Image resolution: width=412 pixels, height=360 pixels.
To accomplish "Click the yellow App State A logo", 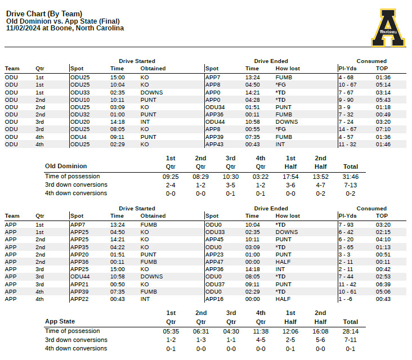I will point(388,28).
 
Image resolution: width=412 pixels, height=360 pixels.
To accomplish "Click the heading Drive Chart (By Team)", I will point(44,13).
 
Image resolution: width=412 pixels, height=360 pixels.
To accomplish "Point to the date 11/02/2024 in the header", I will point(23,28).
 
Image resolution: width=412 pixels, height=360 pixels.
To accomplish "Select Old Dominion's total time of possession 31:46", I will point(351,177).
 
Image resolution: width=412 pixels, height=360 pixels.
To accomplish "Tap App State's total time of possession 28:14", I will point(351,331).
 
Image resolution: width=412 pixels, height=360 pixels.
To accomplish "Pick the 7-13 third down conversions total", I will point(351,185).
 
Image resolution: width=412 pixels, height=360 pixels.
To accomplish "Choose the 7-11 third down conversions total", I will point(351,340).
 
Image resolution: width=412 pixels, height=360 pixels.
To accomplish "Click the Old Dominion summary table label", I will point(66,166).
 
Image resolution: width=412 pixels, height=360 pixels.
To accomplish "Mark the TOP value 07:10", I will point(383,129).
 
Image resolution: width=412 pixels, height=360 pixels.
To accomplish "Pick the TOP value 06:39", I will point(383,284).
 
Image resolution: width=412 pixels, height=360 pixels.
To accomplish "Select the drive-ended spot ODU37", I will point(214,284).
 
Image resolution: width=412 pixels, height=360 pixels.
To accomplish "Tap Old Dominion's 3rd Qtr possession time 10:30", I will point(230,177).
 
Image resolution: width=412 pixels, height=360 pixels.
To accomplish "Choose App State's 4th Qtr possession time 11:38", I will point(260,331).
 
